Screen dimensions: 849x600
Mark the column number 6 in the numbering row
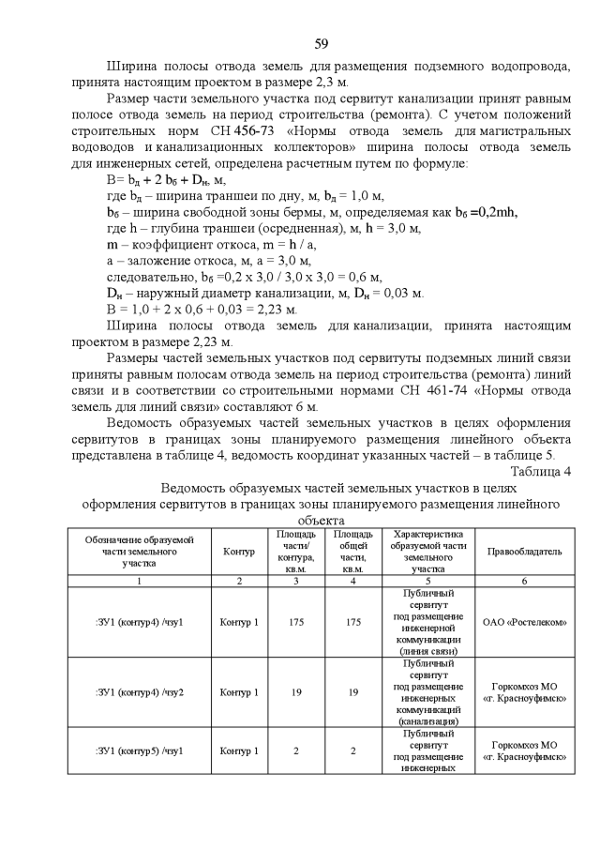tap(524, 582)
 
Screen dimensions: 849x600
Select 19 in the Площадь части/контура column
tap(296, 692)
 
